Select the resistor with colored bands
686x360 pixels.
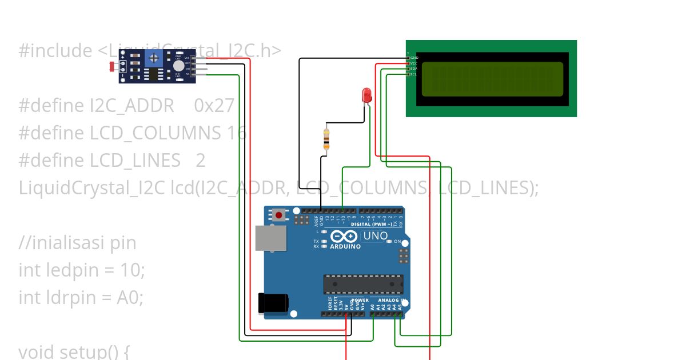(326, 139)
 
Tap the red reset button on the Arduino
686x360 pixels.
(279, 215)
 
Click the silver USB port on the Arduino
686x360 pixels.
(271, 238)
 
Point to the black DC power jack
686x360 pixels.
(273, 303)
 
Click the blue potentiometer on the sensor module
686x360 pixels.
(153, 57)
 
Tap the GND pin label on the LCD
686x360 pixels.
(414, 58)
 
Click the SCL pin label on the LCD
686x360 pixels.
(414, 74)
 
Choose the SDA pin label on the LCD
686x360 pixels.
(414, 69)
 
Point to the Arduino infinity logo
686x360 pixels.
(345, 236)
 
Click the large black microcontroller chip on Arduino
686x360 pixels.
(363, 284)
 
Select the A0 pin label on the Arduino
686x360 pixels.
(373, 307)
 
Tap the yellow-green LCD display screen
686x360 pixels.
(492, 79)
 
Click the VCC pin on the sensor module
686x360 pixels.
(187, 58)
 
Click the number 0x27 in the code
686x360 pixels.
(214, 106)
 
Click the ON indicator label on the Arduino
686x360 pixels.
(398, 242)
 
